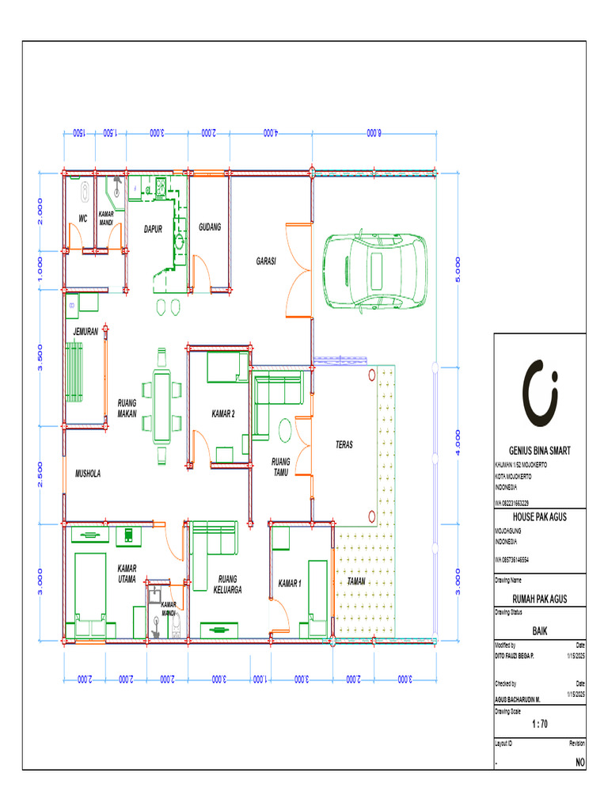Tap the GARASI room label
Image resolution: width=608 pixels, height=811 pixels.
265,261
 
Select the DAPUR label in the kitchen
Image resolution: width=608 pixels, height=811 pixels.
153,230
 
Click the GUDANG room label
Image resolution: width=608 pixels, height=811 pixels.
210,227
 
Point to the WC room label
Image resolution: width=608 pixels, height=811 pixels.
82,219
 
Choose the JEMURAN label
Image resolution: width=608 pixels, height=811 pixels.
85,332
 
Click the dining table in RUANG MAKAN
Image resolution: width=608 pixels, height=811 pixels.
162,405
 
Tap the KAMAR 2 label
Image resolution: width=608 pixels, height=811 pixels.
223,413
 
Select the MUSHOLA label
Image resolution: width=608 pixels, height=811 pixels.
89,474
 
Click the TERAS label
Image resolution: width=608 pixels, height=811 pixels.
344,446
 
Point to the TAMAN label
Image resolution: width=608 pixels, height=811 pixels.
356,581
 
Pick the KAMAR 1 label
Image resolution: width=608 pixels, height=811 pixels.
290,584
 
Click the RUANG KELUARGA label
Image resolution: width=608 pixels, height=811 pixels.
227,584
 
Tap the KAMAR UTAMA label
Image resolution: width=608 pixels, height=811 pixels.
127,573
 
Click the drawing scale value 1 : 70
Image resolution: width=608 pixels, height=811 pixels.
540,723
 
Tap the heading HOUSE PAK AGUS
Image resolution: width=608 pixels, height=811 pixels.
540,516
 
